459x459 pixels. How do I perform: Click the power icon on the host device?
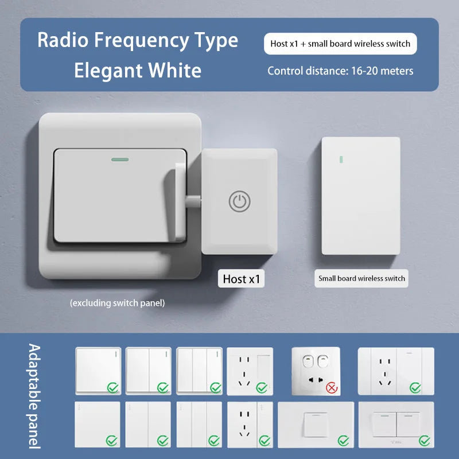tap(239, 201)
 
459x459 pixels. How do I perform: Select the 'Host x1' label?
tap(242, 279)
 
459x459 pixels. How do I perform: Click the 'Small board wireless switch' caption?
tap(361, 278)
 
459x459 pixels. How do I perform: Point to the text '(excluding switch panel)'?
tap(117, 303)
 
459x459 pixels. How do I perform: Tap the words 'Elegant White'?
tap(138, 70)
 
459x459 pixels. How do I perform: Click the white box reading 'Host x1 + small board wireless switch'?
tap(340, 44)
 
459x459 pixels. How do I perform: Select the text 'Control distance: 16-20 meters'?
tap(340, 71)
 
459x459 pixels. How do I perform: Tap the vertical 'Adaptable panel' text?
tap(34, 396)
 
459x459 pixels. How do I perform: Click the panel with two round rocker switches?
tap(316, 371)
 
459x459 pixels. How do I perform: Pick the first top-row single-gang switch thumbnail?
tap(98, 371)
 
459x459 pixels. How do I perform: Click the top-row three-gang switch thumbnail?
tap(199, 371)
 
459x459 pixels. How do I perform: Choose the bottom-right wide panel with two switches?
tap(396, 424)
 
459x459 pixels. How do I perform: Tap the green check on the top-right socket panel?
tap(415, 388)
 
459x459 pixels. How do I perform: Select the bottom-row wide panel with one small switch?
tap(316, 424)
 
